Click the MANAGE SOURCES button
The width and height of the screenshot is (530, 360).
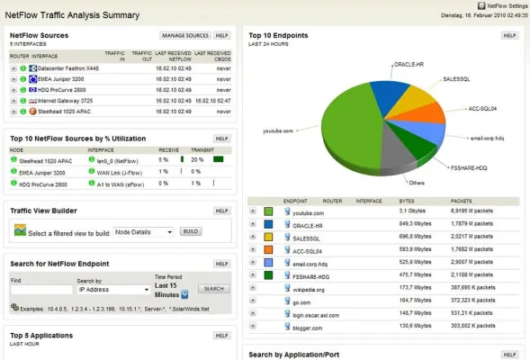coord(184,36)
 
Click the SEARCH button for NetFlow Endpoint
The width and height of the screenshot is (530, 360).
coord(213,289)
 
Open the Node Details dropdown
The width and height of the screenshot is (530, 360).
coord(143,231)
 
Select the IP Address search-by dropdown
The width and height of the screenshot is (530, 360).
coord(114,290)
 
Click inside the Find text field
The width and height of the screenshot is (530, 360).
coord(40,290)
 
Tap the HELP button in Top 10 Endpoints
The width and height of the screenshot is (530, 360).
coord(509,36)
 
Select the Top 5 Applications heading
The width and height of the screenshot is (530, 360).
coord(40,336)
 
